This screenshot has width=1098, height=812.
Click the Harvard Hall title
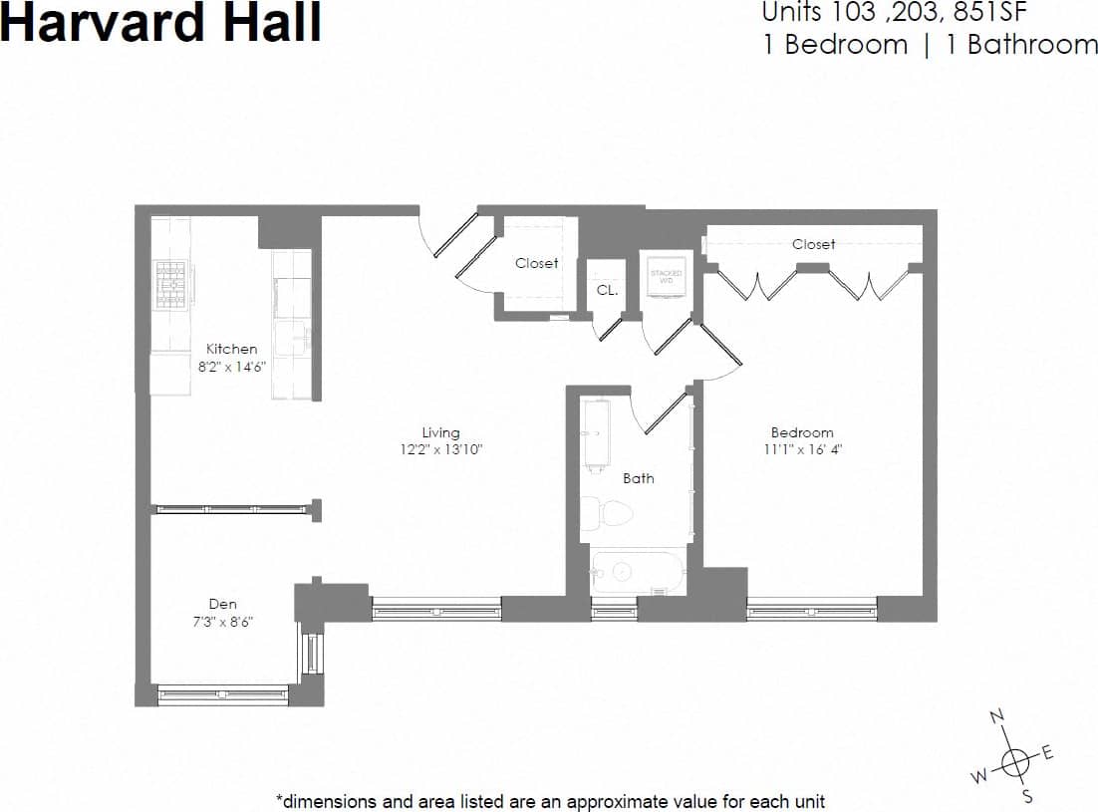[x=161, y=22]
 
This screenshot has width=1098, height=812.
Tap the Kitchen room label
[x=231, y=349]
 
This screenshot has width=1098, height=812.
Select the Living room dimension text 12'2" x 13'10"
[x=440, y=449]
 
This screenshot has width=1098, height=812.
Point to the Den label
[x=222, y=603]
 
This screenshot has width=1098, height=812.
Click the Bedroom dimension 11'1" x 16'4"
[x=802, y=449]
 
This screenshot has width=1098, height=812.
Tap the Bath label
[x=639, y=478]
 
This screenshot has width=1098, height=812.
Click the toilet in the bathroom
[x=607, y=514]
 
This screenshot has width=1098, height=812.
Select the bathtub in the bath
[x=636, y=572]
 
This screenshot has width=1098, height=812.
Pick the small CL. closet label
[x=607, y=291]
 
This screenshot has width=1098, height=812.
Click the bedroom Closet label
[x=813, y=244]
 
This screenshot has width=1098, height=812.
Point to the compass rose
[x=1014, y=761]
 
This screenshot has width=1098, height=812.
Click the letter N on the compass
[x=996, y=717]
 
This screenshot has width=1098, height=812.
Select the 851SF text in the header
[x=990, y=13]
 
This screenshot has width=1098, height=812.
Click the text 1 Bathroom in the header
[x=1021, y=45]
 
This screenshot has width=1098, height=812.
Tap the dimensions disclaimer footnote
[x=550, y=800]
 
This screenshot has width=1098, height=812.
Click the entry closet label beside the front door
[x=536, y=263]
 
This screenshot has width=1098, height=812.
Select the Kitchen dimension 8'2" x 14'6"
[x=231, y=366]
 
